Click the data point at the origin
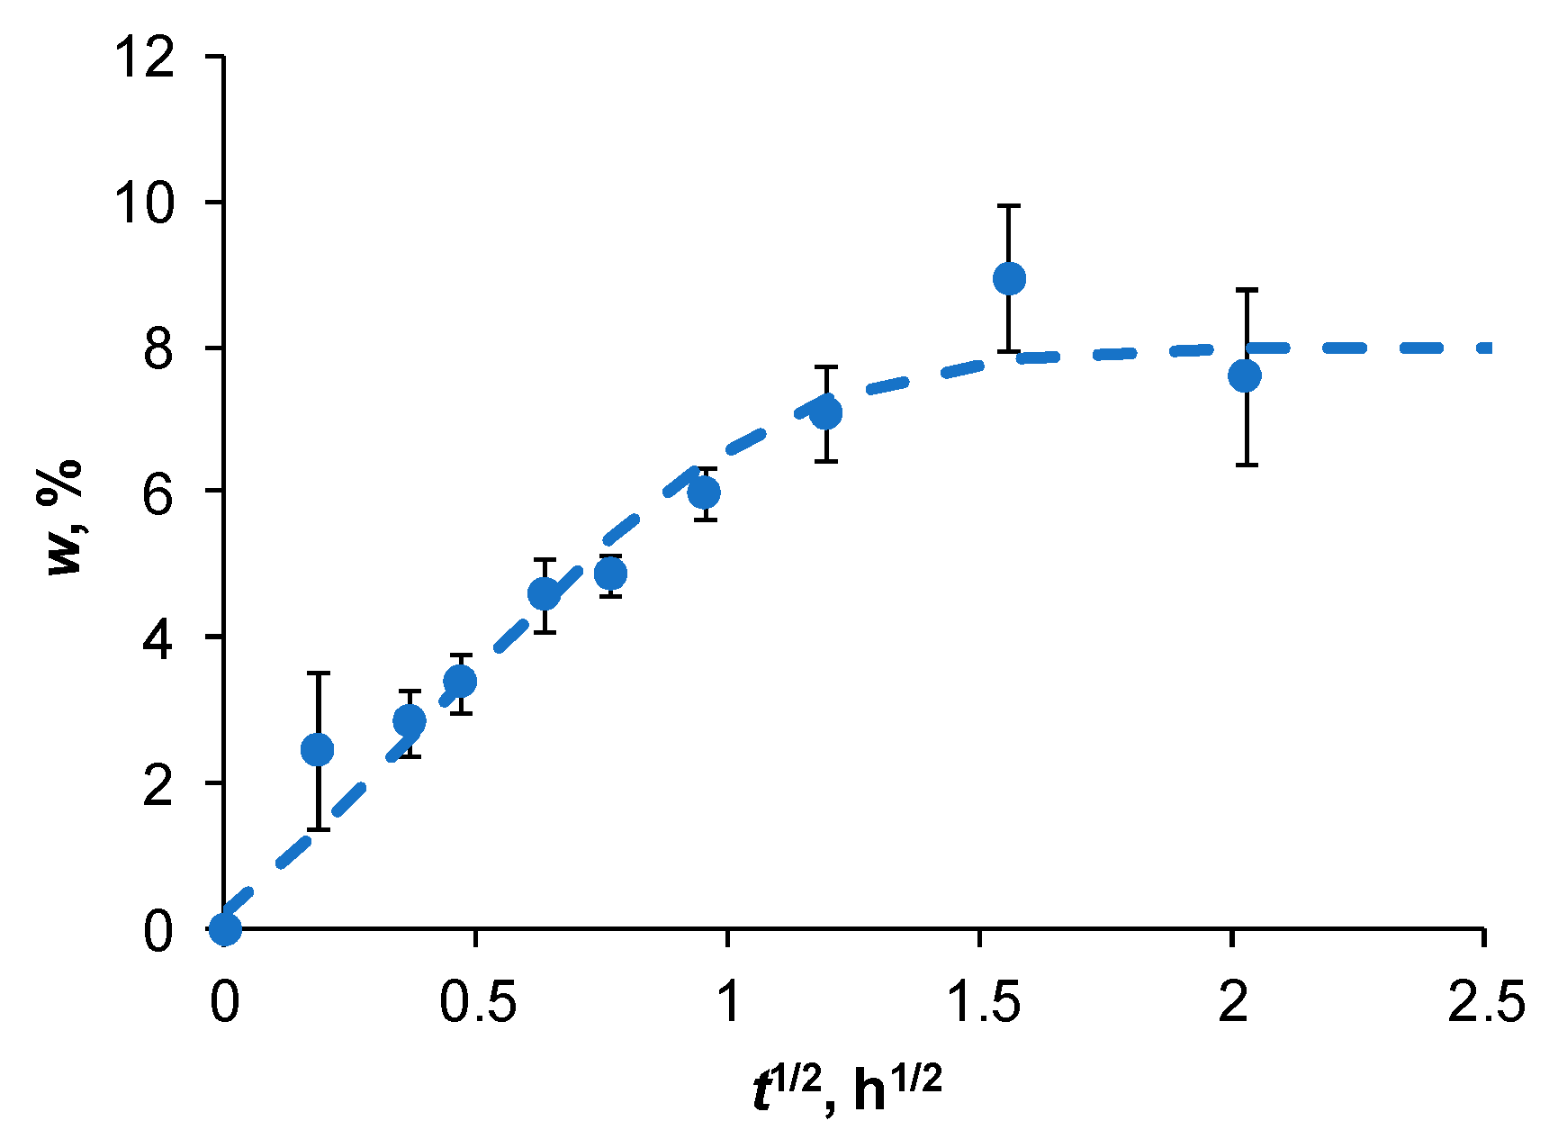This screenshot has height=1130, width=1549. pyautogui.click(x=225, y=928)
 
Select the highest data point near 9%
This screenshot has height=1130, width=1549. pyautogui.click(x=1009, y=279)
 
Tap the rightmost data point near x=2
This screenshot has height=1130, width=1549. pyautogui.click(x=1245, y=375)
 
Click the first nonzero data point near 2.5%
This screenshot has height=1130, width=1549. pyautogui.click(x=317, y=749)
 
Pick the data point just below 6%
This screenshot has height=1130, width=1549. pyautogui.click(x=704, y=493)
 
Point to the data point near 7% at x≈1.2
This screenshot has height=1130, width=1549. pyautogui.click(x=825, y=413)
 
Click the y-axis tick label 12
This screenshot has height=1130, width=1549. pyautogui.click(x=144, y=59)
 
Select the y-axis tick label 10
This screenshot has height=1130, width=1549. pyautogui.click(x=144, y=204)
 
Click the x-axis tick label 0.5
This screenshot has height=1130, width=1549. pyautogui.click(x=478, y=1001)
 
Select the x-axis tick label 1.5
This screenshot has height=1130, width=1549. pyautogui.click(x=983, y=1001)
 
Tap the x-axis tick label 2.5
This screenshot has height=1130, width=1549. pyautogui.click(x=1486, y=1001)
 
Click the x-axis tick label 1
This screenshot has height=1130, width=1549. pyautogui.click(x=728, y=1001)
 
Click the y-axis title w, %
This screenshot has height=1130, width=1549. pyautogui.click(x=65, y=518)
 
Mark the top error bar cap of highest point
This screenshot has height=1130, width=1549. pyautogui.click(x=1009, y=206)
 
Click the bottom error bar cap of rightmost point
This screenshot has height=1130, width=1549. pyautogui.click(x=1245, y=465)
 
